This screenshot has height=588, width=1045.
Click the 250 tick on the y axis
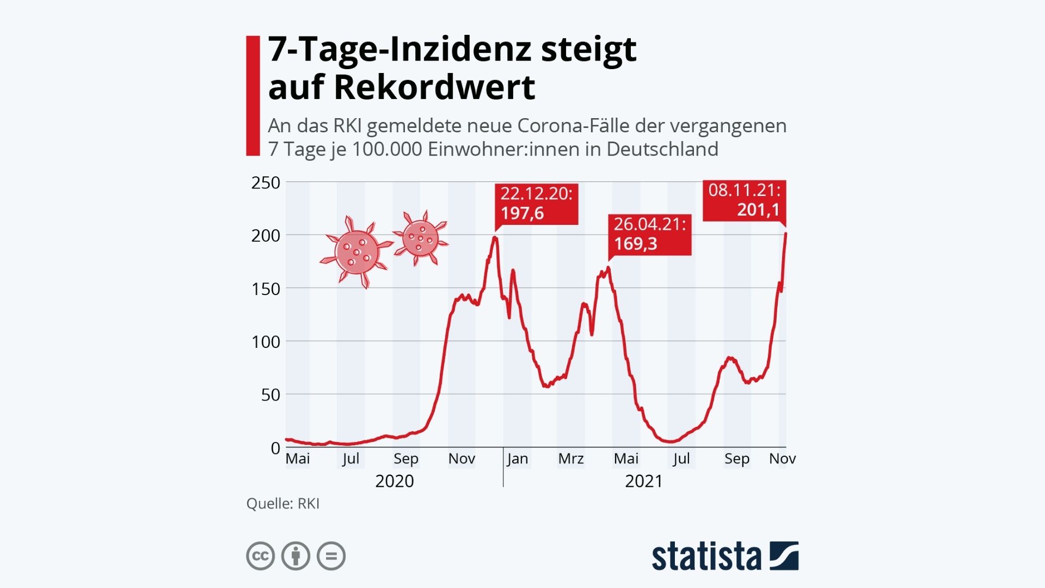[266, 182]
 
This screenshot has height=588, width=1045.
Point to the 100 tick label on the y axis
[266, 342]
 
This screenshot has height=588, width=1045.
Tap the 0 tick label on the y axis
[275, 448]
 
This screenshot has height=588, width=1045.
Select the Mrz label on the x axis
[570, 459]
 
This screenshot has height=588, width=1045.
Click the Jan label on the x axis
[517, 459]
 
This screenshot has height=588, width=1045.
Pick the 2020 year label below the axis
[395, 481]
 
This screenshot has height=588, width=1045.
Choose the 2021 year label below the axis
[644, 481]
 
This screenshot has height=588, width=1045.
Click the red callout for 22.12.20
[536, 204]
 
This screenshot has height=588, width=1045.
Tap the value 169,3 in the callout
[636, 243]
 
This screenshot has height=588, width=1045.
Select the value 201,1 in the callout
[758, 210]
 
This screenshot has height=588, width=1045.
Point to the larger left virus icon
[356, 252]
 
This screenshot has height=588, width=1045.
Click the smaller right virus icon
[421, 238]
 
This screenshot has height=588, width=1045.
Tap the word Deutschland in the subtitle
[662, 149]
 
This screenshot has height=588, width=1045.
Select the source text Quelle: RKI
[282, 504]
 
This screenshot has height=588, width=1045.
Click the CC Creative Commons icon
[260, 556]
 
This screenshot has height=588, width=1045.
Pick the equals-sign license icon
[331, 556]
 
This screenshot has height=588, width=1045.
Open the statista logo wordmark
[706, 556]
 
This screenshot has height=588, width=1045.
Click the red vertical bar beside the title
[253, 96]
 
